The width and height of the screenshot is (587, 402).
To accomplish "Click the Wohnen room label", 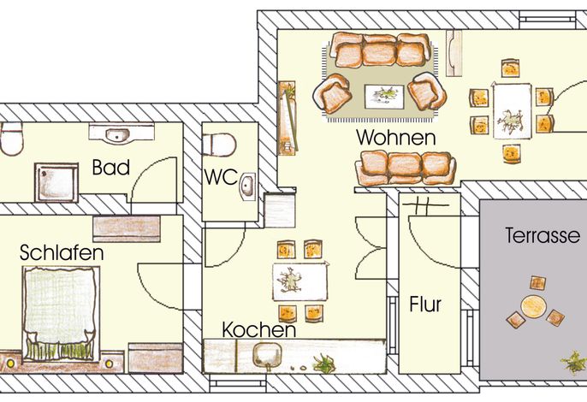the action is click(x=396, y=138).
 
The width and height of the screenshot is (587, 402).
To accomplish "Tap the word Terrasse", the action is click(x=543, y=235).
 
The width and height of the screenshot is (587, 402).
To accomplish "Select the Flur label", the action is click(x=425, y=304).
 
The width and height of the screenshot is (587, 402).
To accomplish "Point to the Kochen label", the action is click(x=259, y=330).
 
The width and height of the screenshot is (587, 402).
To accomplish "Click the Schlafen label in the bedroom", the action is click(x=62, y=252).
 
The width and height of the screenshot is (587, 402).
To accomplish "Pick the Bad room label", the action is click(x=111, y=168).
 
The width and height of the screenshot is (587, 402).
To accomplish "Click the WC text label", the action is click(x=221, y=177).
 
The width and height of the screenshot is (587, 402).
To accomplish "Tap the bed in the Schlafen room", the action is click(x=61, y=314).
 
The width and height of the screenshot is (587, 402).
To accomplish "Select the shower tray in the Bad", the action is click(x=56, y=182).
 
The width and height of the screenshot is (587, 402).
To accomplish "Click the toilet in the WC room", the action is click(x=219, y=145).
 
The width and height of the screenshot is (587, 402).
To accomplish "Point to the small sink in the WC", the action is click(x=247, y=186).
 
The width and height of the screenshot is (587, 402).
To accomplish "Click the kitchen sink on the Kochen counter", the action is click(x=267, y=355).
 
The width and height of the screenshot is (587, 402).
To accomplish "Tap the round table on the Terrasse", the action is click(x=533, y=306).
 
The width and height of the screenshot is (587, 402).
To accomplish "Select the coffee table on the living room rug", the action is click(x=384, y=97).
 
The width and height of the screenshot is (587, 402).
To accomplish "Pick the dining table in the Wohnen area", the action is click(x=512, y=111).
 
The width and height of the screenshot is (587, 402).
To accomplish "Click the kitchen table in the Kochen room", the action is click(x=299, y=281).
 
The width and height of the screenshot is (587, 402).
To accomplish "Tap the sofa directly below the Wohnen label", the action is click(x=406, y=168).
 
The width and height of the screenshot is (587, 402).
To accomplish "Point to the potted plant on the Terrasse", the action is click(x=573, y=361).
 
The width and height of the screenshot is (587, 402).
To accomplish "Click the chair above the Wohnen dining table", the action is click(x=510, y=68).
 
